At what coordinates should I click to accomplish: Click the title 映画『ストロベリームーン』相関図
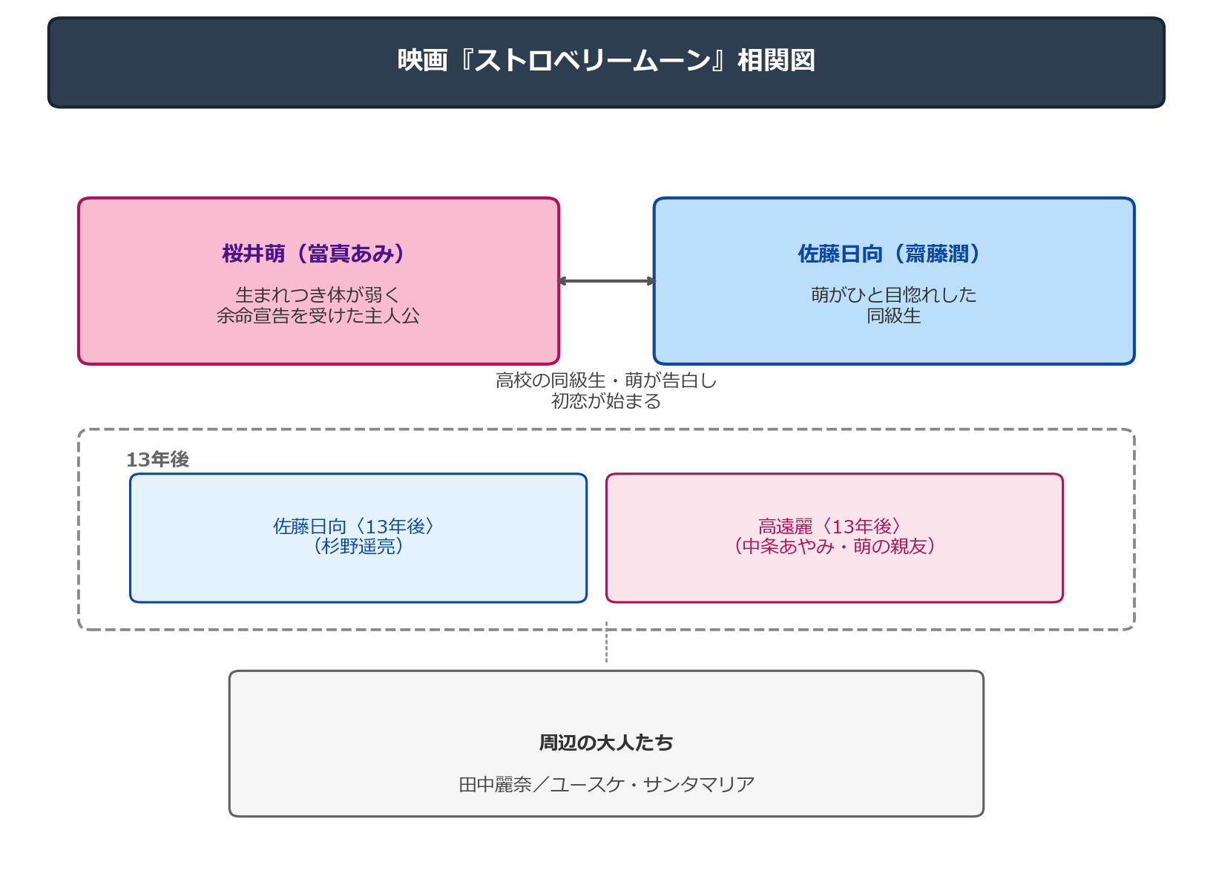tap(606, 60)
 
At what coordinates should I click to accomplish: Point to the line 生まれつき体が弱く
tap(318, 294)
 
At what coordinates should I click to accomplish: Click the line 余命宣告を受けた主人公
tap(318, 315)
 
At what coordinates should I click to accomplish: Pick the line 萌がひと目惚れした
tap(893, 294)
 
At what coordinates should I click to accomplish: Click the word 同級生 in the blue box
tap(893, 315)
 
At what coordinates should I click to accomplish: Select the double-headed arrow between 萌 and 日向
tap(607, 280)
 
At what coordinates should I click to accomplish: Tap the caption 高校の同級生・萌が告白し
tap(606, 381)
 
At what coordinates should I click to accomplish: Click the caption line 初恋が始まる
tap(606, 401)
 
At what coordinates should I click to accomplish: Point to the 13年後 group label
tap(157, 459)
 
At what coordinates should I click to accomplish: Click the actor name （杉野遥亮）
tap(358, 546)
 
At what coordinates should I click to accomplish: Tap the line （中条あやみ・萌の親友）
tap(835, 546)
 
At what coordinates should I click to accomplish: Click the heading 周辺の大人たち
tap(606, 743)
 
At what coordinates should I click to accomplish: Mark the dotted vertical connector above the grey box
tap(607, 642)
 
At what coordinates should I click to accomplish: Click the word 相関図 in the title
tap(777, 60)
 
